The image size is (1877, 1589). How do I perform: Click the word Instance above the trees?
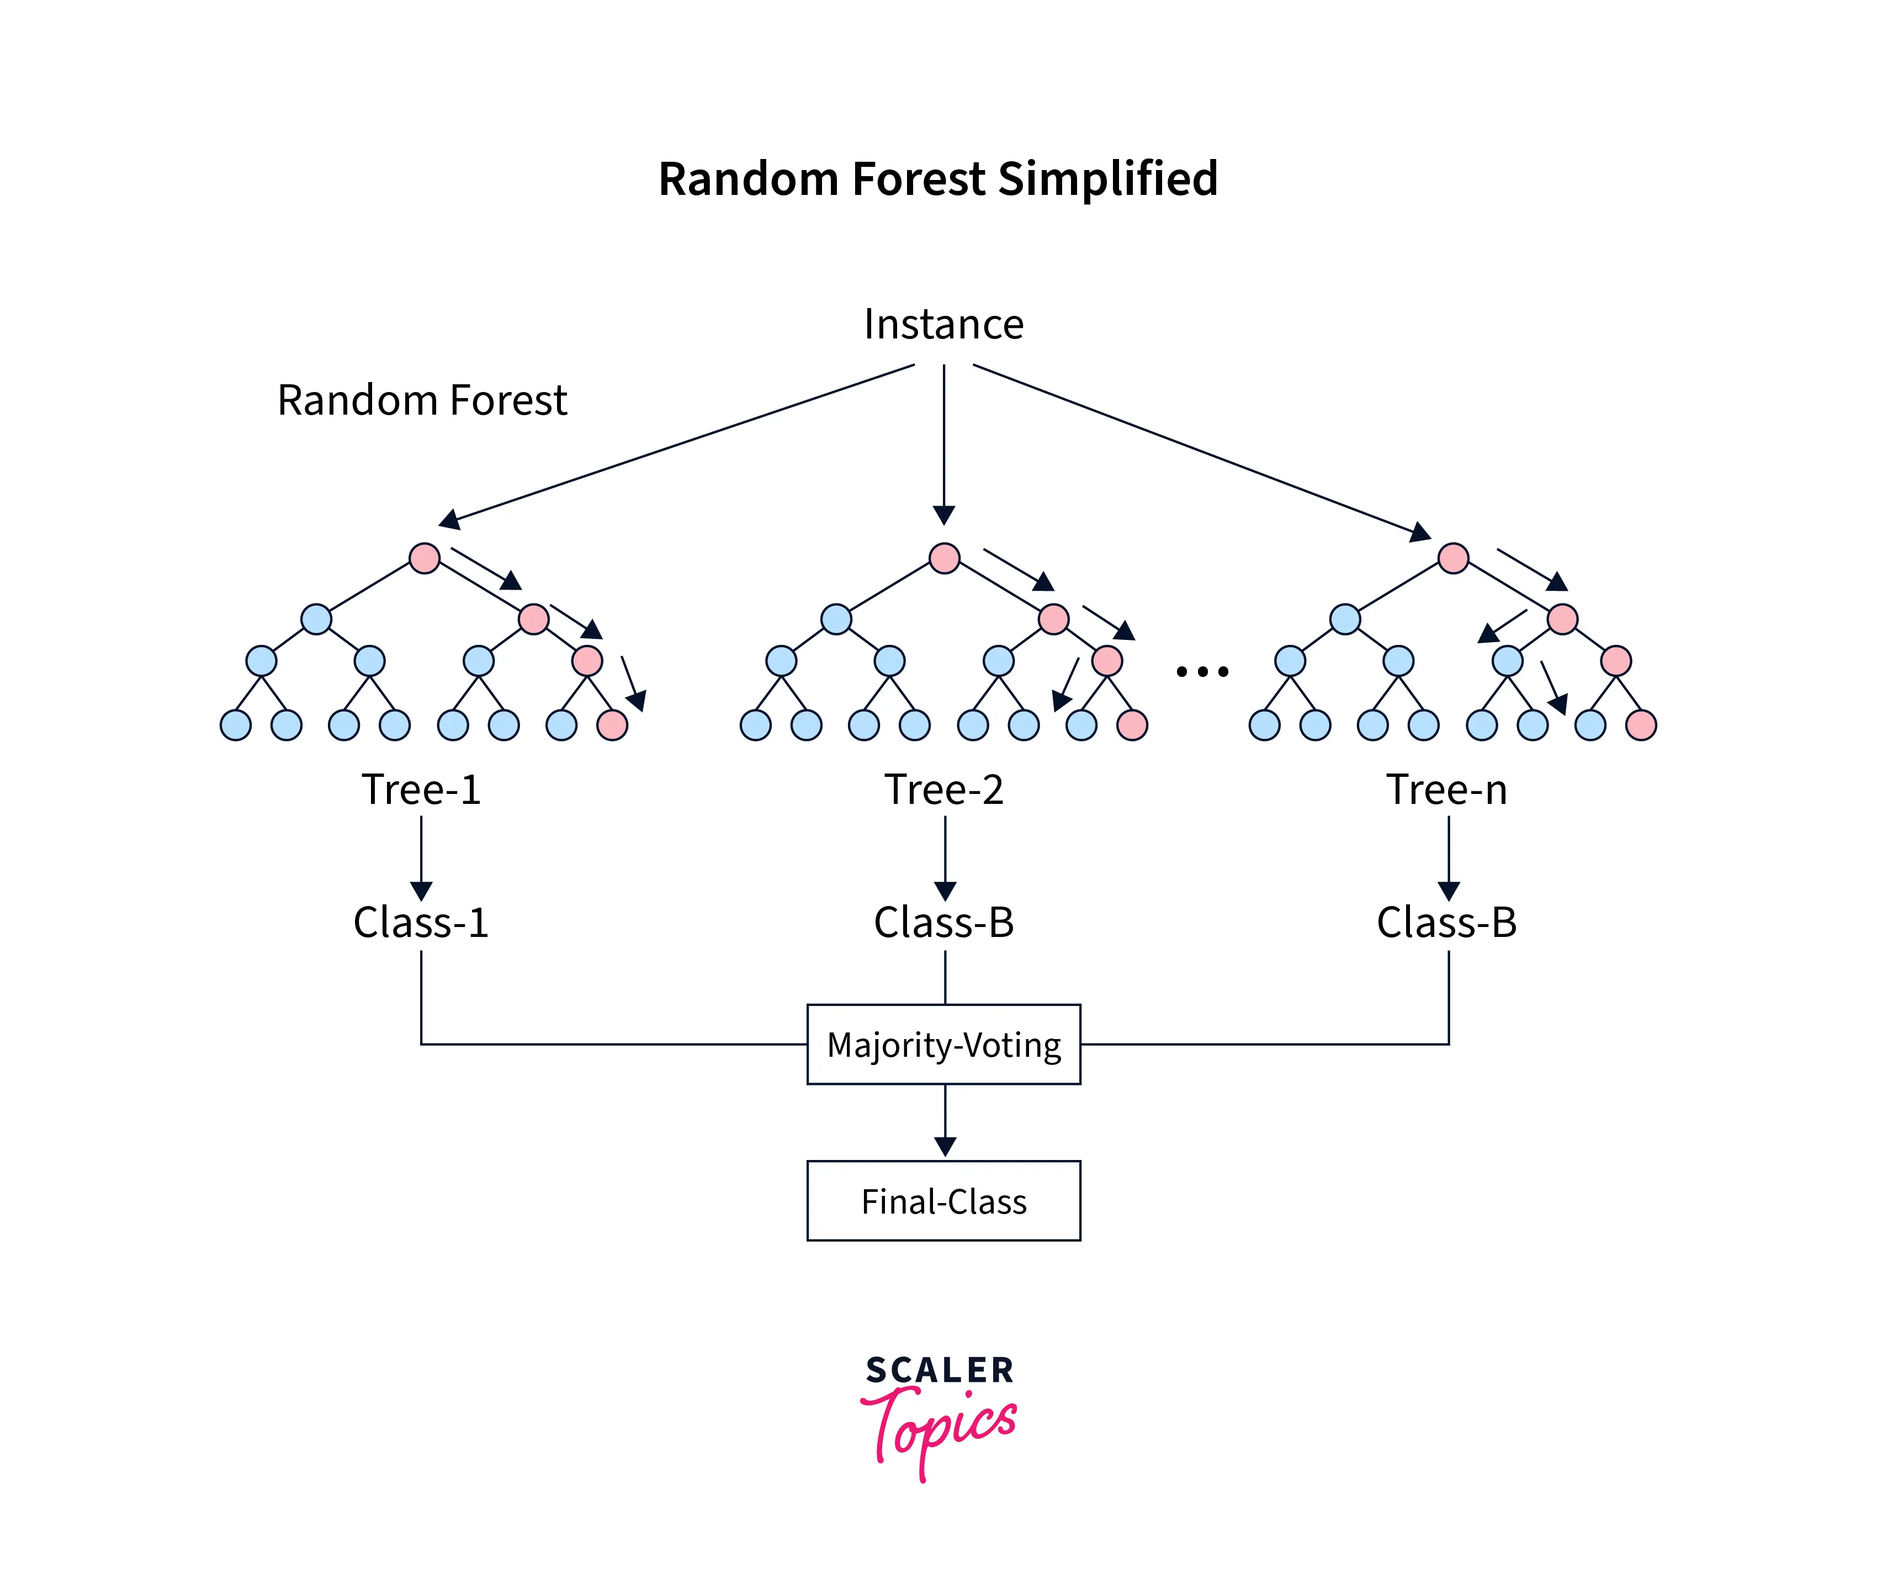coord(943,324)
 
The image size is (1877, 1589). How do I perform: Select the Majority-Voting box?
coord(943,1044)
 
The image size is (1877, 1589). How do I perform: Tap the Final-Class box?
coord(943,1201)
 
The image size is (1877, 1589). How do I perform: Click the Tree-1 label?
coord(421,790)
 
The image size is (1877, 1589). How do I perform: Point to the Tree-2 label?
coord(943,790)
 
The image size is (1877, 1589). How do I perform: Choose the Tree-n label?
coord(1446,790)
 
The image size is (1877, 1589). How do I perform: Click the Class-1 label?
coord(421,923)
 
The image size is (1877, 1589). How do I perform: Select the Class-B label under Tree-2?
coord(943,923)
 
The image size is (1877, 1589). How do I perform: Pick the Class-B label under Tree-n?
coord(1446,923)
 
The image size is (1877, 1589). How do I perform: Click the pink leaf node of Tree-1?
coord(612,725)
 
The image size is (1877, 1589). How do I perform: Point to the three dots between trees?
coord(1201,671)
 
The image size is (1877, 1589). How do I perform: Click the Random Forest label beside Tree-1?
coord(422,400)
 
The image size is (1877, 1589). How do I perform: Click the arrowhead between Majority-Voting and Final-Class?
coord(945,1147)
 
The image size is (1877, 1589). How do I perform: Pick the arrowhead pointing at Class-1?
coord(421,891)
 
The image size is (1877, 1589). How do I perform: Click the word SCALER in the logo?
coord(940,1370)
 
